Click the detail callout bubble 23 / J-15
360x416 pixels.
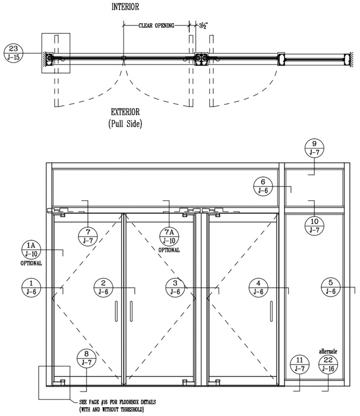[14, 53]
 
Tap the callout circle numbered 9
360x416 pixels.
[314, 148]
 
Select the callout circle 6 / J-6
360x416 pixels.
[263, 186]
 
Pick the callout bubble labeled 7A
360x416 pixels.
[169, 237]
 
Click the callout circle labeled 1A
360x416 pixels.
[31, 250]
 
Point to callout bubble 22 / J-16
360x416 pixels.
[328, 364]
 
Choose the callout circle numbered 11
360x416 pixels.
[299, 364]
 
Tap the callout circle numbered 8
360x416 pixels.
[87, 358]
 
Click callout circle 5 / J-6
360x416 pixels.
[330, 287]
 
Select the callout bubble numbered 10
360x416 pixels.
[314, 226]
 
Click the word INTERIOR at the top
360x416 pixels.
[125, 7]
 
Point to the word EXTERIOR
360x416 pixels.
[125, 112]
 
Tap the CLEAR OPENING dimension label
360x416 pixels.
[156, 26]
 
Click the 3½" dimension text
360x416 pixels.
[204, 26]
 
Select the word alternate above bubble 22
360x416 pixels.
[328, 351]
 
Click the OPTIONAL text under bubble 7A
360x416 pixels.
[169, 250]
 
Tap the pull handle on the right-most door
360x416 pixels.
[271, 311]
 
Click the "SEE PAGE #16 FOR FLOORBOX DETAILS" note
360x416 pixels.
[118, 402]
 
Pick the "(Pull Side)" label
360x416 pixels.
[125, 124]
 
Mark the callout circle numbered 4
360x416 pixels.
[258, 288]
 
